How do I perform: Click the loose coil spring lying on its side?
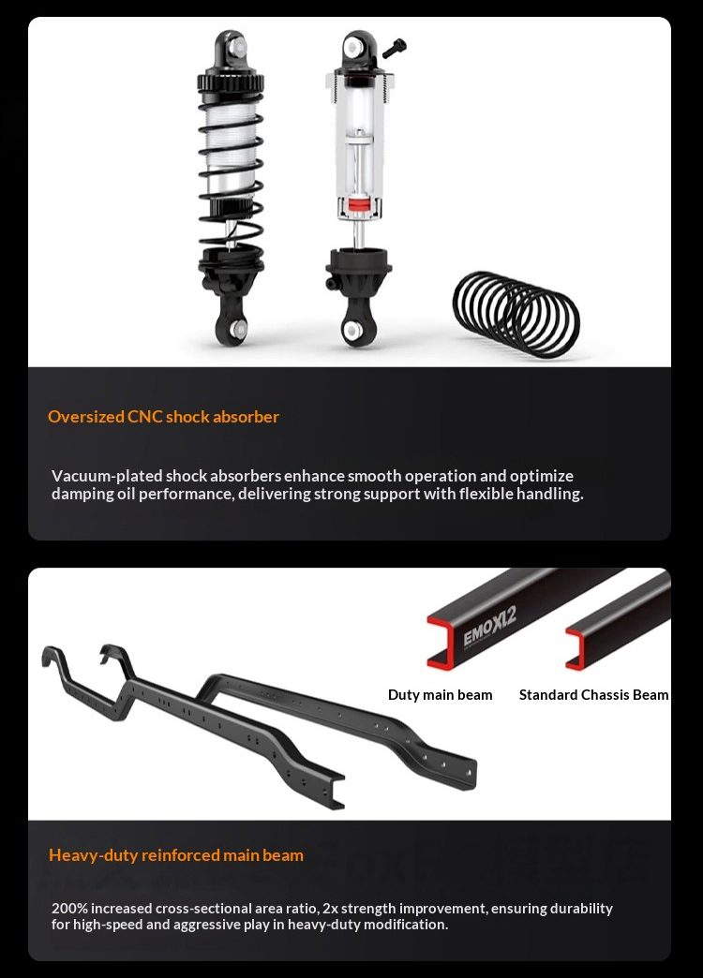pyautogui.click(x=517, y=314)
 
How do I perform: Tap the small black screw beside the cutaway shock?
pyautogui.click(x=394, y=48)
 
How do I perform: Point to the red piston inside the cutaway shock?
pyautogui.click(x=359, y=205)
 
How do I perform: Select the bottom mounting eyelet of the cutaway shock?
pyautogui.click(x=355, y=328)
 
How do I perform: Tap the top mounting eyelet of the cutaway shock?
pyautogui.click(x=358, y=47)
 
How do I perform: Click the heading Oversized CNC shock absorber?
pyautogui.click(x=164, y=417)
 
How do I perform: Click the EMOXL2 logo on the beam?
pyautogui.click(x=490, y=628)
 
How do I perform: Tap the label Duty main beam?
pyautogui.click(x=441, y=695)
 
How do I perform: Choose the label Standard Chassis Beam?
pyautogui.click(x=593, y=695)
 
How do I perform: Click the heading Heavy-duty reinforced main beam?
pyautogui.click(x=176, y=855)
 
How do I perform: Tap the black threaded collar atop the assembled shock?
pyautogui.click(x=231, y=82)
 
